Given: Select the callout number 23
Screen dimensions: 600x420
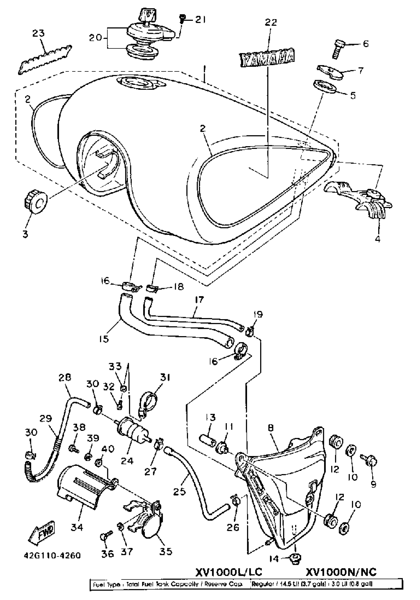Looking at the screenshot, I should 38,33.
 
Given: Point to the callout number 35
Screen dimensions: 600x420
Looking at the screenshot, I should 166,551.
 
